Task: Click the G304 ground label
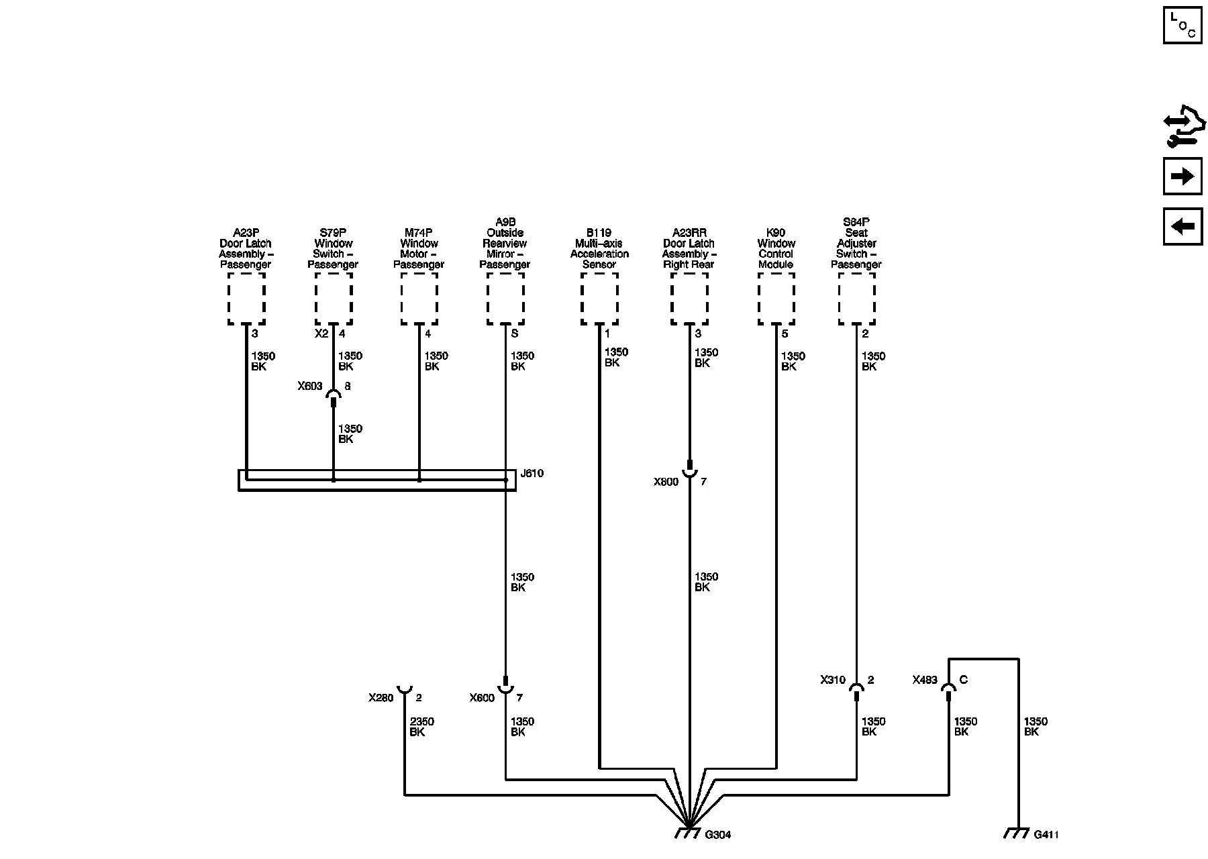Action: (717, 835)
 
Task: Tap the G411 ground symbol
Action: (1017, 833)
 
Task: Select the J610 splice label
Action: (532, 473)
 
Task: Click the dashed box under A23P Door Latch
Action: (246, 299)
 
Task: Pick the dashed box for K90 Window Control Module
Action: (776, 299)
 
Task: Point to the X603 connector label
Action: (310, 387)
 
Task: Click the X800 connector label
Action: (666, 482)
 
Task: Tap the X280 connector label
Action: (381, 698)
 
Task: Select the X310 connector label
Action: (832, 680)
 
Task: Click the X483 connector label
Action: (924, 680)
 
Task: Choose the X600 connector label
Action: (481, 698)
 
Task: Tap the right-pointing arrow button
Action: (1182, 176)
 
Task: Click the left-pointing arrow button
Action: (1182, 226)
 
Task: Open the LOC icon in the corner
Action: (1182, 25)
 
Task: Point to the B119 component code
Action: (599, 233)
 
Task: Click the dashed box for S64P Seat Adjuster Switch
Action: (856, 299)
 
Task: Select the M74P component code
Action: (419, 233)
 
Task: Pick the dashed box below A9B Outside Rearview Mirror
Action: (505, 299)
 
